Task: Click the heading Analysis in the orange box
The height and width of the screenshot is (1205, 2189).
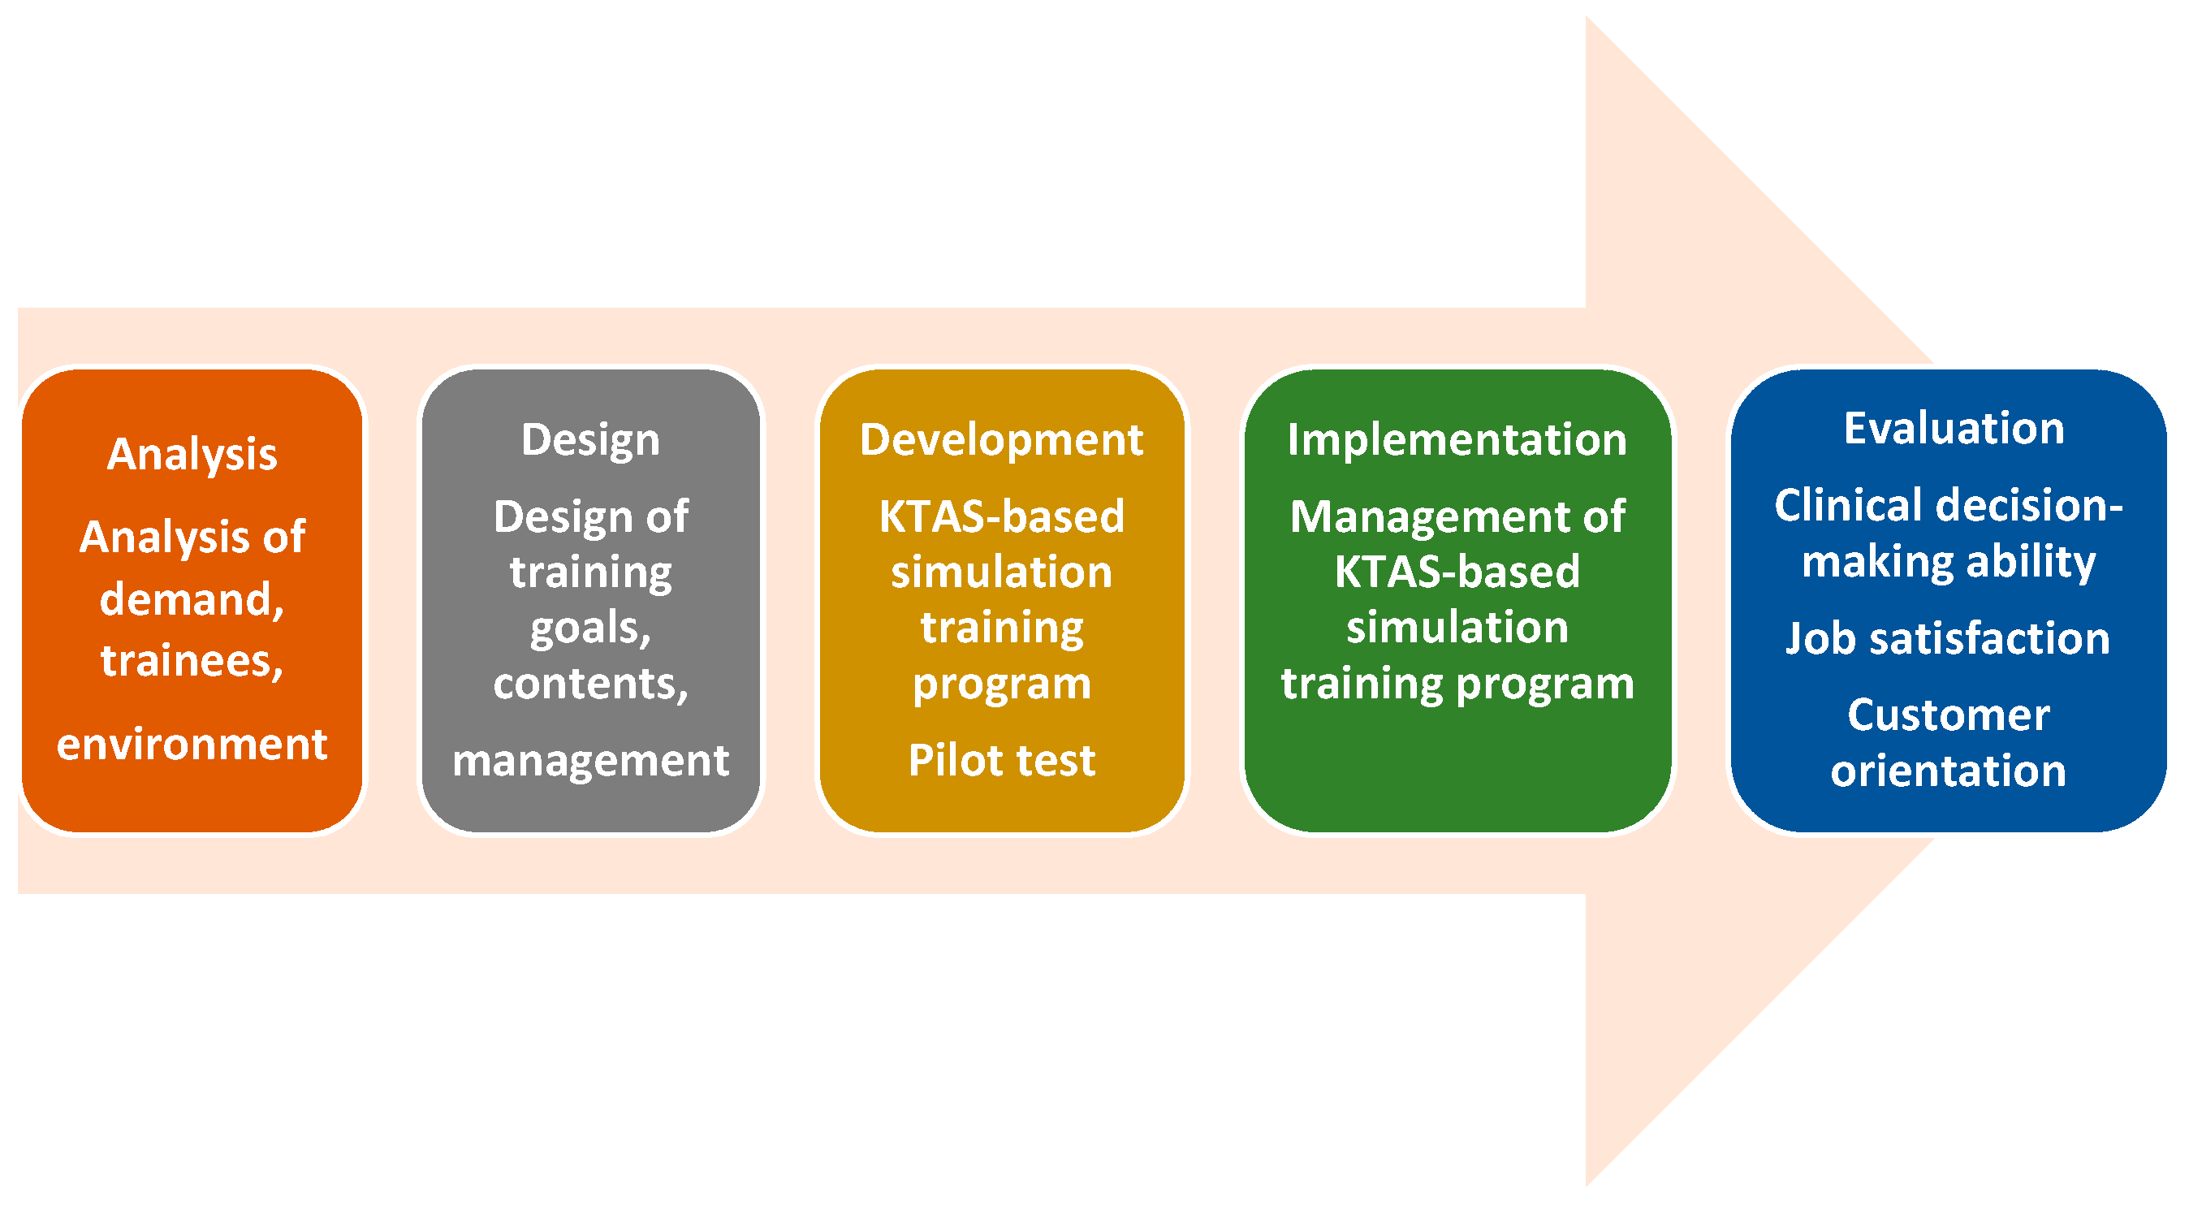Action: pyautogui.click(x=192, y=455)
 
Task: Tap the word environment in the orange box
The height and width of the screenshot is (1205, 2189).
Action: pyautogui.click(x=192, y=745)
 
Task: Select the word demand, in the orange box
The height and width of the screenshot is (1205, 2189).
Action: pyautogui.click(x=192, y=600)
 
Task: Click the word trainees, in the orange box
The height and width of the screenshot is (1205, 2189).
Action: pyautogui.click(x=192, y=661)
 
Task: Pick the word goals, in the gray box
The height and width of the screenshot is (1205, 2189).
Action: pyautogui.click(x=590, y=629)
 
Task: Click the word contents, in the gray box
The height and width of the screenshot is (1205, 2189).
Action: pyautogui.click(x=590, y=684)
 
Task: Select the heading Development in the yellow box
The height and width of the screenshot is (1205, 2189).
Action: pyautogui.click(x=1002, y=440)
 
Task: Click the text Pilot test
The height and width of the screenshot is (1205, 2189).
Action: pyautogui.click(x=1002, y=761)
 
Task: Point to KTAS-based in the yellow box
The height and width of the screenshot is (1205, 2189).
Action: pyautogui.click(x=1002, y=516)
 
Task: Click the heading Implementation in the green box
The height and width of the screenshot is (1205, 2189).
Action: pyautogui.click(x=1457, y=440)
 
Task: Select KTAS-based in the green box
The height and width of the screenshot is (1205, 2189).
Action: pyautogui.click(x=1457, y=572)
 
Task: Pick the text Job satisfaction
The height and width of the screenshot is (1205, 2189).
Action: pyautogui.click(x=1949, y=639)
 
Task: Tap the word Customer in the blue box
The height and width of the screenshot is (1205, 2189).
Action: pyautogui.click(x=1949, y=715)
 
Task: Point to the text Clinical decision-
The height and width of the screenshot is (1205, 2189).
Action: pyautogui.click(x=1949, y=506)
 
